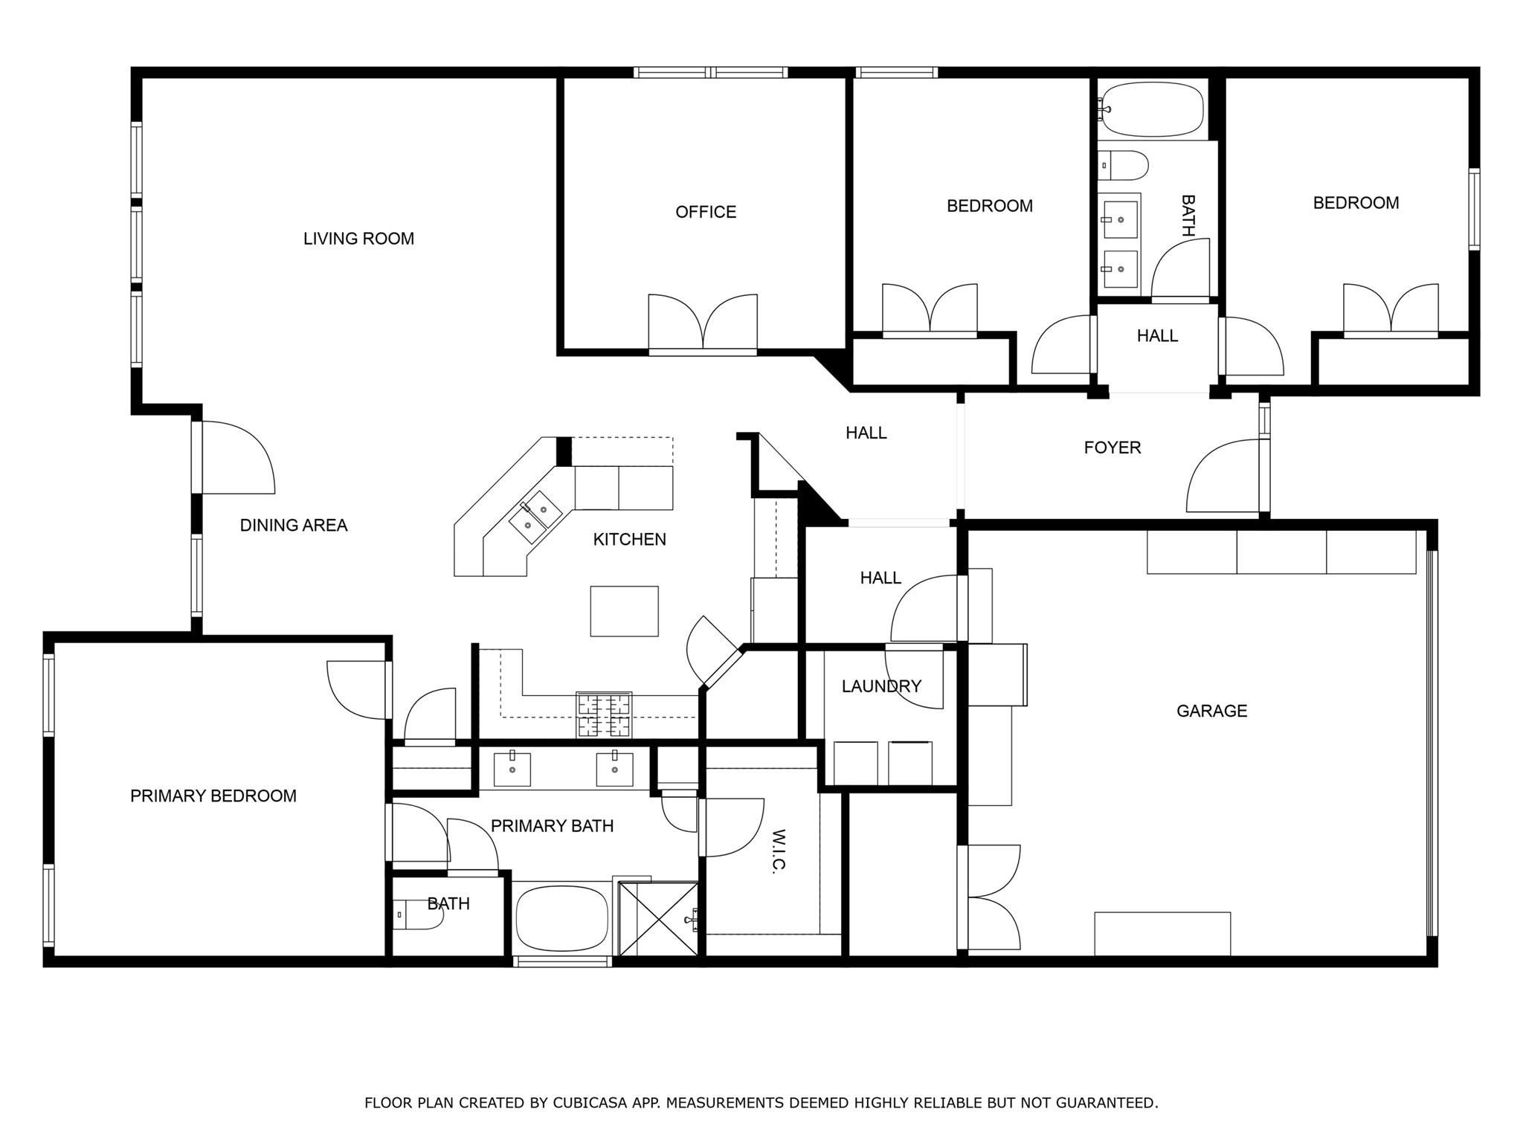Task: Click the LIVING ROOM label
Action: tap(358, 239)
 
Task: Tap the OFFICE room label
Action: tap(705, 212)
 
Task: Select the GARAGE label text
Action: tap(1211, 711)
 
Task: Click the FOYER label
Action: tap(1112, 448)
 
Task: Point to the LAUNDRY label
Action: tap(881, 686)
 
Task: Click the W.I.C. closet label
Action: tap(779, 852)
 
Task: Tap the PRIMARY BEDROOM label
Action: tap(213, 796)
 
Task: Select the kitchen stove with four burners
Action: tap(604, 714)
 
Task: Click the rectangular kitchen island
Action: tap(624, 611)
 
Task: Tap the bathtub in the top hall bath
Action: tap(1151, 109)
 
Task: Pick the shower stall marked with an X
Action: tap(657, 919)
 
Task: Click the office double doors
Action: tap(703, 323)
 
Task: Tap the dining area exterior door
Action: tap(236, 457)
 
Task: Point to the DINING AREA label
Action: tap(293, 526)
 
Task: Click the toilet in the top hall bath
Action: tap(1124, 165)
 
